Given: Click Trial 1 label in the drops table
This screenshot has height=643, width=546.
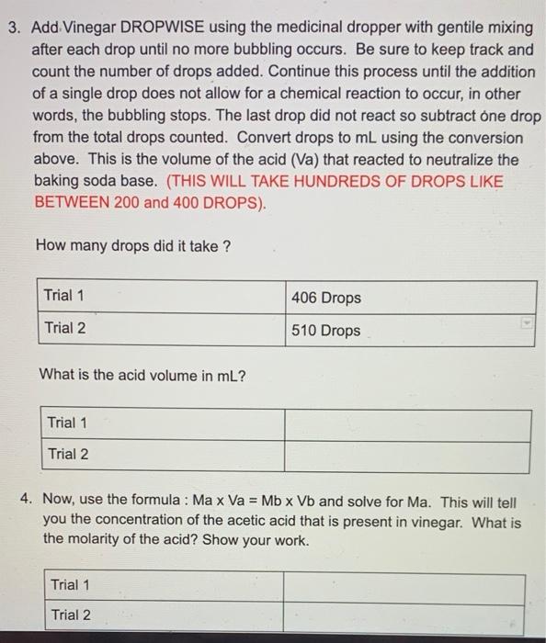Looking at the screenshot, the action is [x=64, y=296].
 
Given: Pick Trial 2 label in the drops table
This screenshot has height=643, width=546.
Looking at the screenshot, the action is [x=64, y=328].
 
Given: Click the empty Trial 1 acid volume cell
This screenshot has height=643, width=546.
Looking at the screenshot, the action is [x=406, y=424].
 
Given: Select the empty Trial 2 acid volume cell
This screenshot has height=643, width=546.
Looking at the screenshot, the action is [x=406, y=456].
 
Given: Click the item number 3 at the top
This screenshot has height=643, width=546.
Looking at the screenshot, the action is [x=13, y=28].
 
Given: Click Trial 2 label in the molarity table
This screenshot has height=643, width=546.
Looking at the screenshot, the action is [x=71, y=615].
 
